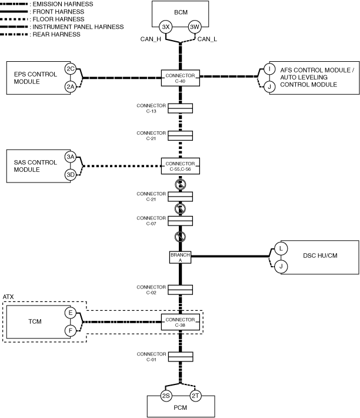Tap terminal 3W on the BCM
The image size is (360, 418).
[x=195, y=27]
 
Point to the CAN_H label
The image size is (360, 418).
[x=147, y=39]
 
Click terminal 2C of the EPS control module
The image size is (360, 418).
[x=71, y=69]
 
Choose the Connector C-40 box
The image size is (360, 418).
[x=181, y=77]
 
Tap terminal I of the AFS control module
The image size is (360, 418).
[x=269, y=69]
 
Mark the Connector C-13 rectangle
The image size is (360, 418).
[x=181, y=108]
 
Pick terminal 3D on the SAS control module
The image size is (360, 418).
[x=71, y=174]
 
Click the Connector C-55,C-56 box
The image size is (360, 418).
[x=181, y=165]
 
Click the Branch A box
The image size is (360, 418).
[x=180, y=257]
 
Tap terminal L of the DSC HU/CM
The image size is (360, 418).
[x=281, y=249]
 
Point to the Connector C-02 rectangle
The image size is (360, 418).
[x=181, y=289]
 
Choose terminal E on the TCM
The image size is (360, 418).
[x=71, y=313]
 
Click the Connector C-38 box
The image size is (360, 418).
[x=181, y=321]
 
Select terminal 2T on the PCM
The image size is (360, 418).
[x=195, y=396]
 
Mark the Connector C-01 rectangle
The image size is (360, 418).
[x=181, y=357]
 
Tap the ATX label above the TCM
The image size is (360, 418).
[x=9, y=297]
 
